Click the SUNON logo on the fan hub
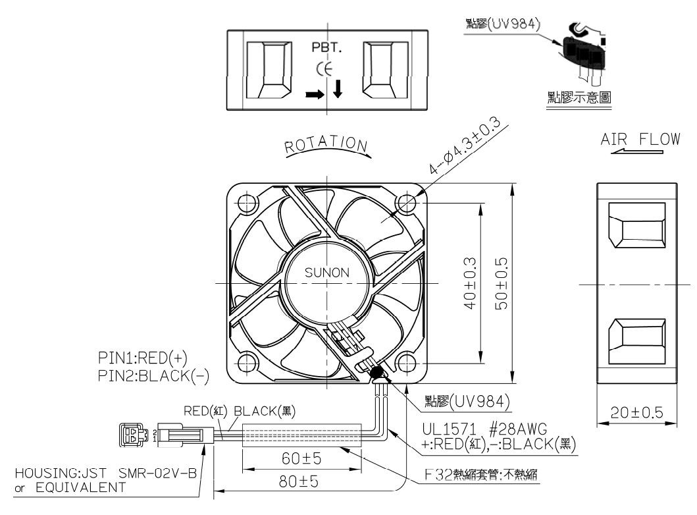pyautogui.click(x=326, y=272)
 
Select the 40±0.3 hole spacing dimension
pyautogui.click(x=469, y=283)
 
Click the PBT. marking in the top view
pyautogui.click(x=326, y=49)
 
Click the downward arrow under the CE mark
pyautogui.click(x=338, y=90)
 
